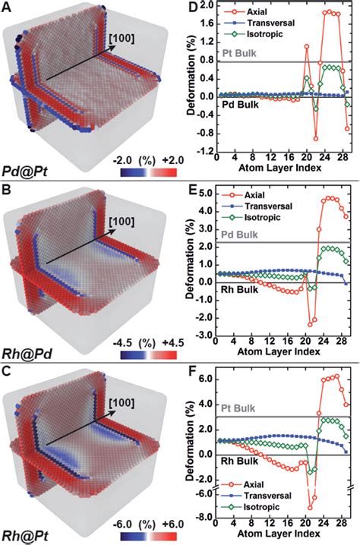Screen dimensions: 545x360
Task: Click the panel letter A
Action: [6, 8]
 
